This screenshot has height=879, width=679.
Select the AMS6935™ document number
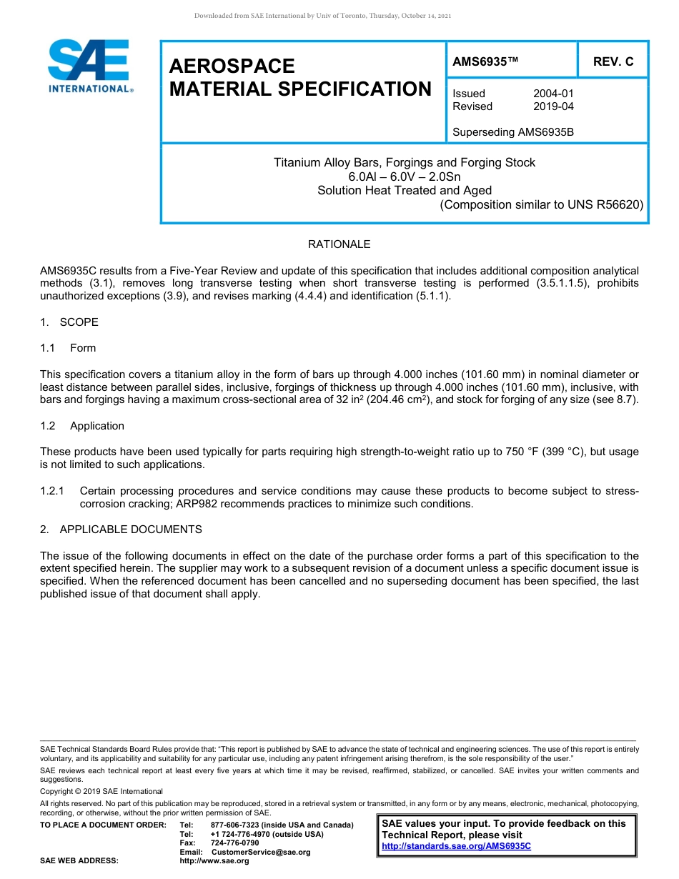click(485, 61)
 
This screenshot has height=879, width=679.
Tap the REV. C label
click(613, 61)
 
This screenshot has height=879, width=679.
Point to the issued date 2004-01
click(553, 94)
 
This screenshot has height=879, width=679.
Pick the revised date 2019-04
click(553, 106)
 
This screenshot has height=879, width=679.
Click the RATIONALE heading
click(339, 244)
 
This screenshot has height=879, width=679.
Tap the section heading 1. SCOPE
click(69, 322)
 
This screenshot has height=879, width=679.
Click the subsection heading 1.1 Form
click(69, 348)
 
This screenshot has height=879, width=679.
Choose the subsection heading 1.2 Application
click(82, 426)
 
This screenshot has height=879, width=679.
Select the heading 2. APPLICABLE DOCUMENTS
click(121, 530)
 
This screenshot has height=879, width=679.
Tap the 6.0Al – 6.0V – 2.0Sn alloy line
click(404, 177)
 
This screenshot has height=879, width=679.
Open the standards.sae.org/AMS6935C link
click(456, 846)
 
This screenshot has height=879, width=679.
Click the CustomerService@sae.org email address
click(261, 852)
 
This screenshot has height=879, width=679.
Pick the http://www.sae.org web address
click(214, 861)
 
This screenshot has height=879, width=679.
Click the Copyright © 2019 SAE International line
click(101, 791)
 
